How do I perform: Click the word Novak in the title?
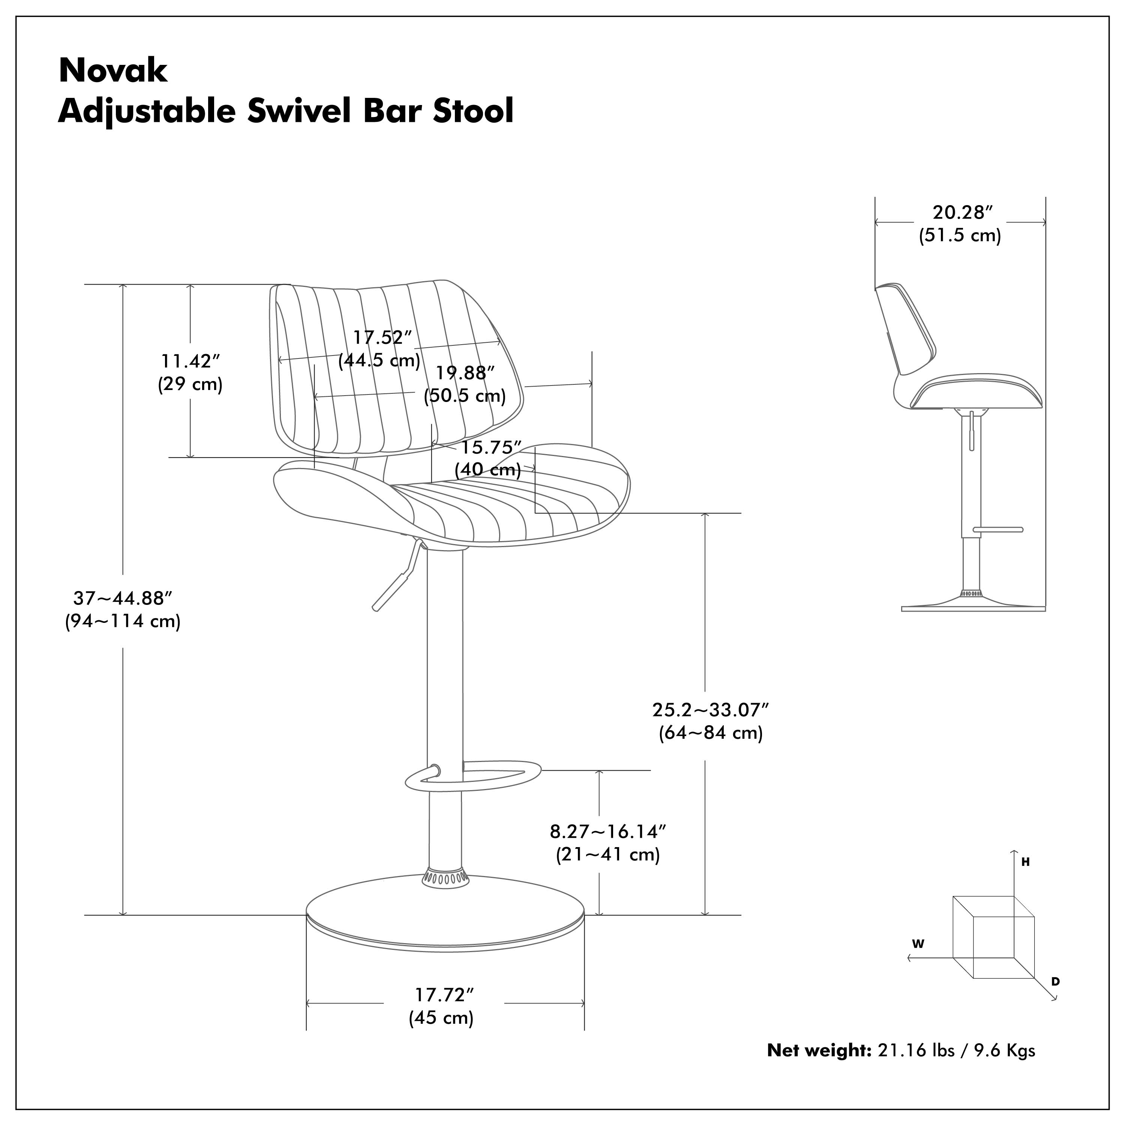pos(113,70)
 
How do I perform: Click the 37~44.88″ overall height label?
pos(123,598)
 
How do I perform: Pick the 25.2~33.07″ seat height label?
pos(710,710)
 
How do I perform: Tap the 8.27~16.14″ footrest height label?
pos(607,831)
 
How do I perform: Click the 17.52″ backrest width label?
pos(382,338)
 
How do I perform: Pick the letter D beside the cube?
pos(1055,982)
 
